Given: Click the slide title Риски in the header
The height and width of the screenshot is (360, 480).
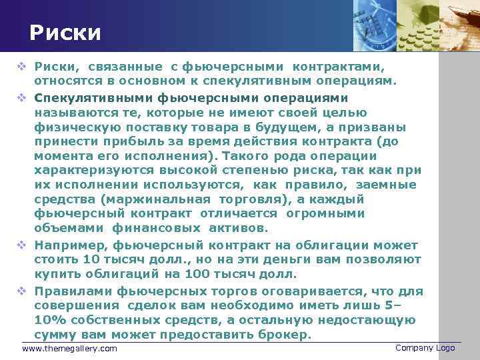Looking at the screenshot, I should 65,33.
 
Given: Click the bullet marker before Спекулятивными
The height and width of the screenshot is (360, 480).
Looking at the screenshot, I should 22,97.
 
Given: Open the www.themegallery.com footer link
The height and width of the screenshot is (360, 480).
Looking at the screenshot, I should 69,349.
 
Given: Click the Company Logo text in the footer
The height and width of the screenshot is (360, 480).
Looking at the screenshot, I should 425,348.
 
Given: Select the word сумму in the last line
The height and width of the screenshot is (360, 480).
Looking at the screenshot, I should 55,334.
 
